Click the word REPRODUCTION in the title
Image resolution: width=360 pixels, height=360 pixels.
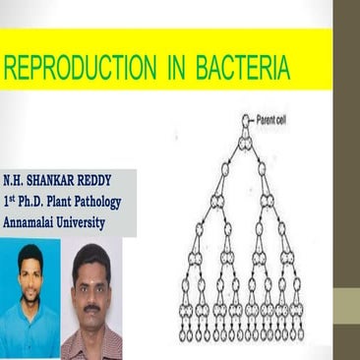point(79,69)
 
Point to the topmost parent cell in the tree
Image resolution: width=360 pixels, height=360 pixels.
point(246,121)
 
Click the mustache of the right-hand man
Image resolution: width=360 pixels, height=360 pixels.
point(91,306)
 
